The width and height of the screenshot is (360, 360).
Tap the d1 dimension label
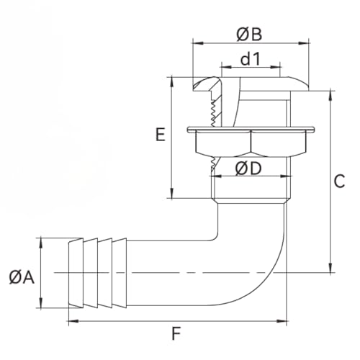click(249, 60)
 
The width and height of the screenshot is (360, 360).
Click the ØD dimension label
click(248, 169)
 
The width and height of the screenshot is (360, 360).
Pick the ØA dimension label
click(22, 276)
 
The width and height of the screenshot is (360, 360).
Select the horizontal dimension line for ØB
click(216, 45)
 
